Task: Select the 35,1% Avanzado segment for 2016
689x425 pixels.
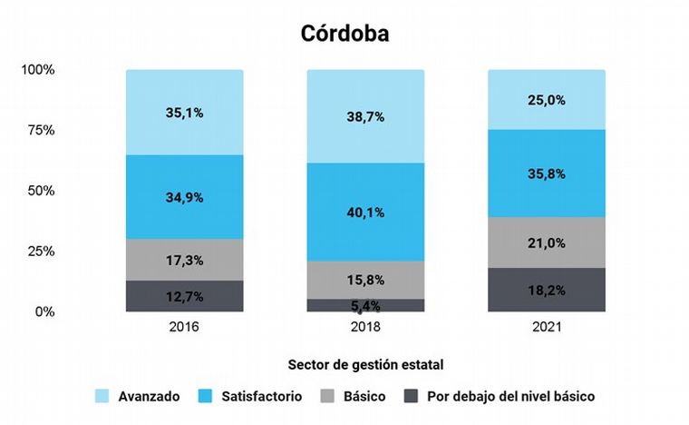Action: pos(184,113)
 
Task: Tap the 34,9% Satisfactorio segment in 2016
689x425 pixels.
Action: pos(184,197)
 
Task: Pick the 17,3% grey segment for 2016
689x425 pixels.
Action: pos(184,260)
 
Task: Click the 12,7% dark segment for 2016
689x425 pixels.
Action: pos(184,296)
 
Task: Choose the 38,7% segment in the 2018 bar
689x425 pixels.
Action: pos(365,117)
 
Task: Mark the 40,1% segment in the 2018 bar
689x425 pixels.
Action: pos(365,212)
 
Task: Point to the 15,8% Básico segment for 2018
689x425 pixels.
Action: pos(365,280)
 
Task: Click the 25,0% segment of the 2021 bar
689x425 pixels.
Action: pos(547,100)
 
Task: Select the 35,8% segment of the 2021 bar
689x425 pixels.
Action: pos(547,173)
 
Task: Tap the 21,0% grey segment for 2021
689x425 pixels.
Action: pos(547,242)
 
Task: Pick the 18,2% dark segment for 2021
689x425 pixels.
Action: pos(547,290)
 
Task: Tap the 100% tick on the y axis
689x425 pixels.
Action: pos(38,70)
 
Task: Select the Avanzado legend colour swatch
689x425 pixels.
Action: pos(103,397)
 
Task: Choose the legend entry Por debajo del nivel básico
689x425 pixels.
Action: pos(510,397)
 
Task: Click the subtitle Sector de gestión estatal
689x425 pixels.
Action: pos(365,365)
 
